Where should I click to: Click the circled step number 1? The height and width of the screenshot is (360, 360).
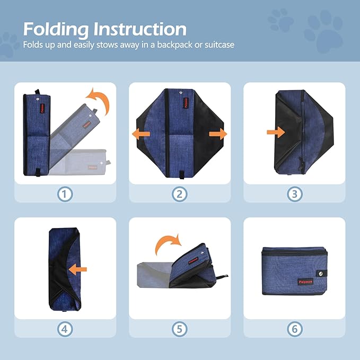pyautogui.click(x=65, y=194)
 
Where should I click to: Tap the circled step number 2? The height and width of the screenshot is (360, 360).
pyautogui.click(x=180, y=194)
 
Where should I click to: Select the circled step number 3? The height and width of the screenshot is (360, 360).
pyautogui.click(x=294, y=194)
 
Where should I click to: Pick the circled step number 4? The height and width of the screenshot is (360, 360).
pyautogui.click(x=65, y=329)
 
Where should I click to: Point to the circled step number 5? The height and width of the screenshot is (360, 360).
pyautogui.click(x=180, y=329)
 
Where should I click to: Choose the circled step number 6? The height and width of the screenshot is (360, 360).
pyautogui.click(x=294, y=329)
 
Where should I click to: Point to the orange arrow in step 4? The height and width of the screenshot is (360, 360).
pyautogui.click(x=78, y=269)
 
